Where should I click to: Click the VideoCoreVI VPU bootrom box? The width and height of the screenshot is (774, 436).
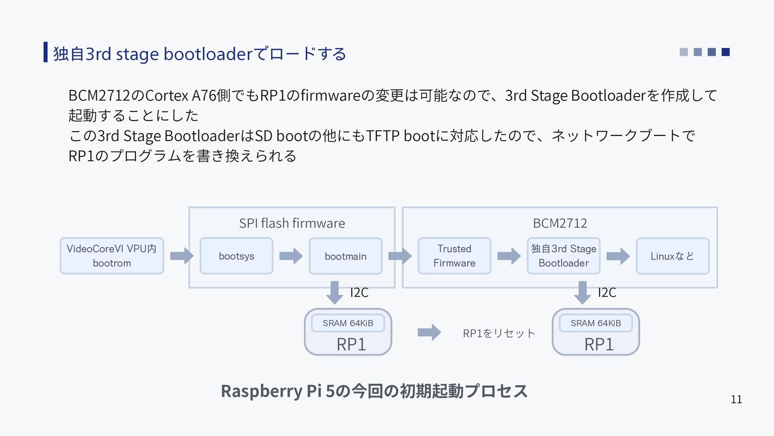pos(112,256)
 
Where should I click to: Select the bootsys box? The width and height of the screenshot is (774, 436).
pos(236,256)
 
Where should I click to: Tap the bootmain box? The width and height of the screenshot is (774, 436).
pos(345,256)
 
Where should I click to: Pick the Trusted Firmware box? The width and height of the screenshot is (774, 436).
pos(454,256)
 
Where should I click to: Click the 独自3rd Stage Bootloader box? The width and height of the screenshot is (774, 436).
pos(564,256)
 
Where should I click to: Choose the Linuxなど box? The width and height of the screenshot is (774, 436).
pos(672,256)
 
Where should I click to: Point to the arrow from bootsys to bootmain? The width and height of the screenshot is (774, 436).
pos(291,256)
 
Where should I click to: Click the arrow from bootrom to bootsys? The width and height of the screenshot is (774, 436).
pos(182,256)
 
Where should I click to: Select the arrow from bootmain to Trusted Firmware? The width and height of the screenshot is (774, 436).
pos(400,256)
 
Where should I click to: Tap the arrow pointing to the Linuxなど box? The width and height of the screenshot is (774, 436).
pos(618,256)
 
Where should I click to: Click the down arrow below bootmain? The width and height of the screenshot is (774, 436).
pos(335,293)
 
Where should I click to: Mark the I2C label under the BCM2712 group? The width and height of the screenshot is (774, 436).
pos(607,292)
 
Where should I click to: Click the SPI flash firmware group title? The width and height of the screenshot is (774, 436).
pos(292,223)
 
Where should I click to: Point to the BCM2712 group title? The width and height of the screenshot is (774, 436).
pos(560,223)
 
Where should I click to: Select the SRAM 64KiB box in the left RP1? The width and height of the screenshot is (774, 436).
pos(348,323)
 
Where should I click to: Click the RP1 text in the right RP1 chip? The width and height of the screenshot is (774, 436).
pos(599,344)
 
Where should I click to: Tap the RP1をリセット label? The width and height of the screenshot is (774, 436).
pos(499,333)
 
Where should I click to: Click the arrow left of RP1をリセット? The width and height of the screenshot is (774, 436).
pos(429,332)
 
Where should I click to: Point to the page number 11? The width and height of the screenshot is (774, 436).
pos(737,399)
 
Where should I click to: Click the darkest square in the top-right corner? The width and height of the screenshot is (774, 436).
pos(726,52)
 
